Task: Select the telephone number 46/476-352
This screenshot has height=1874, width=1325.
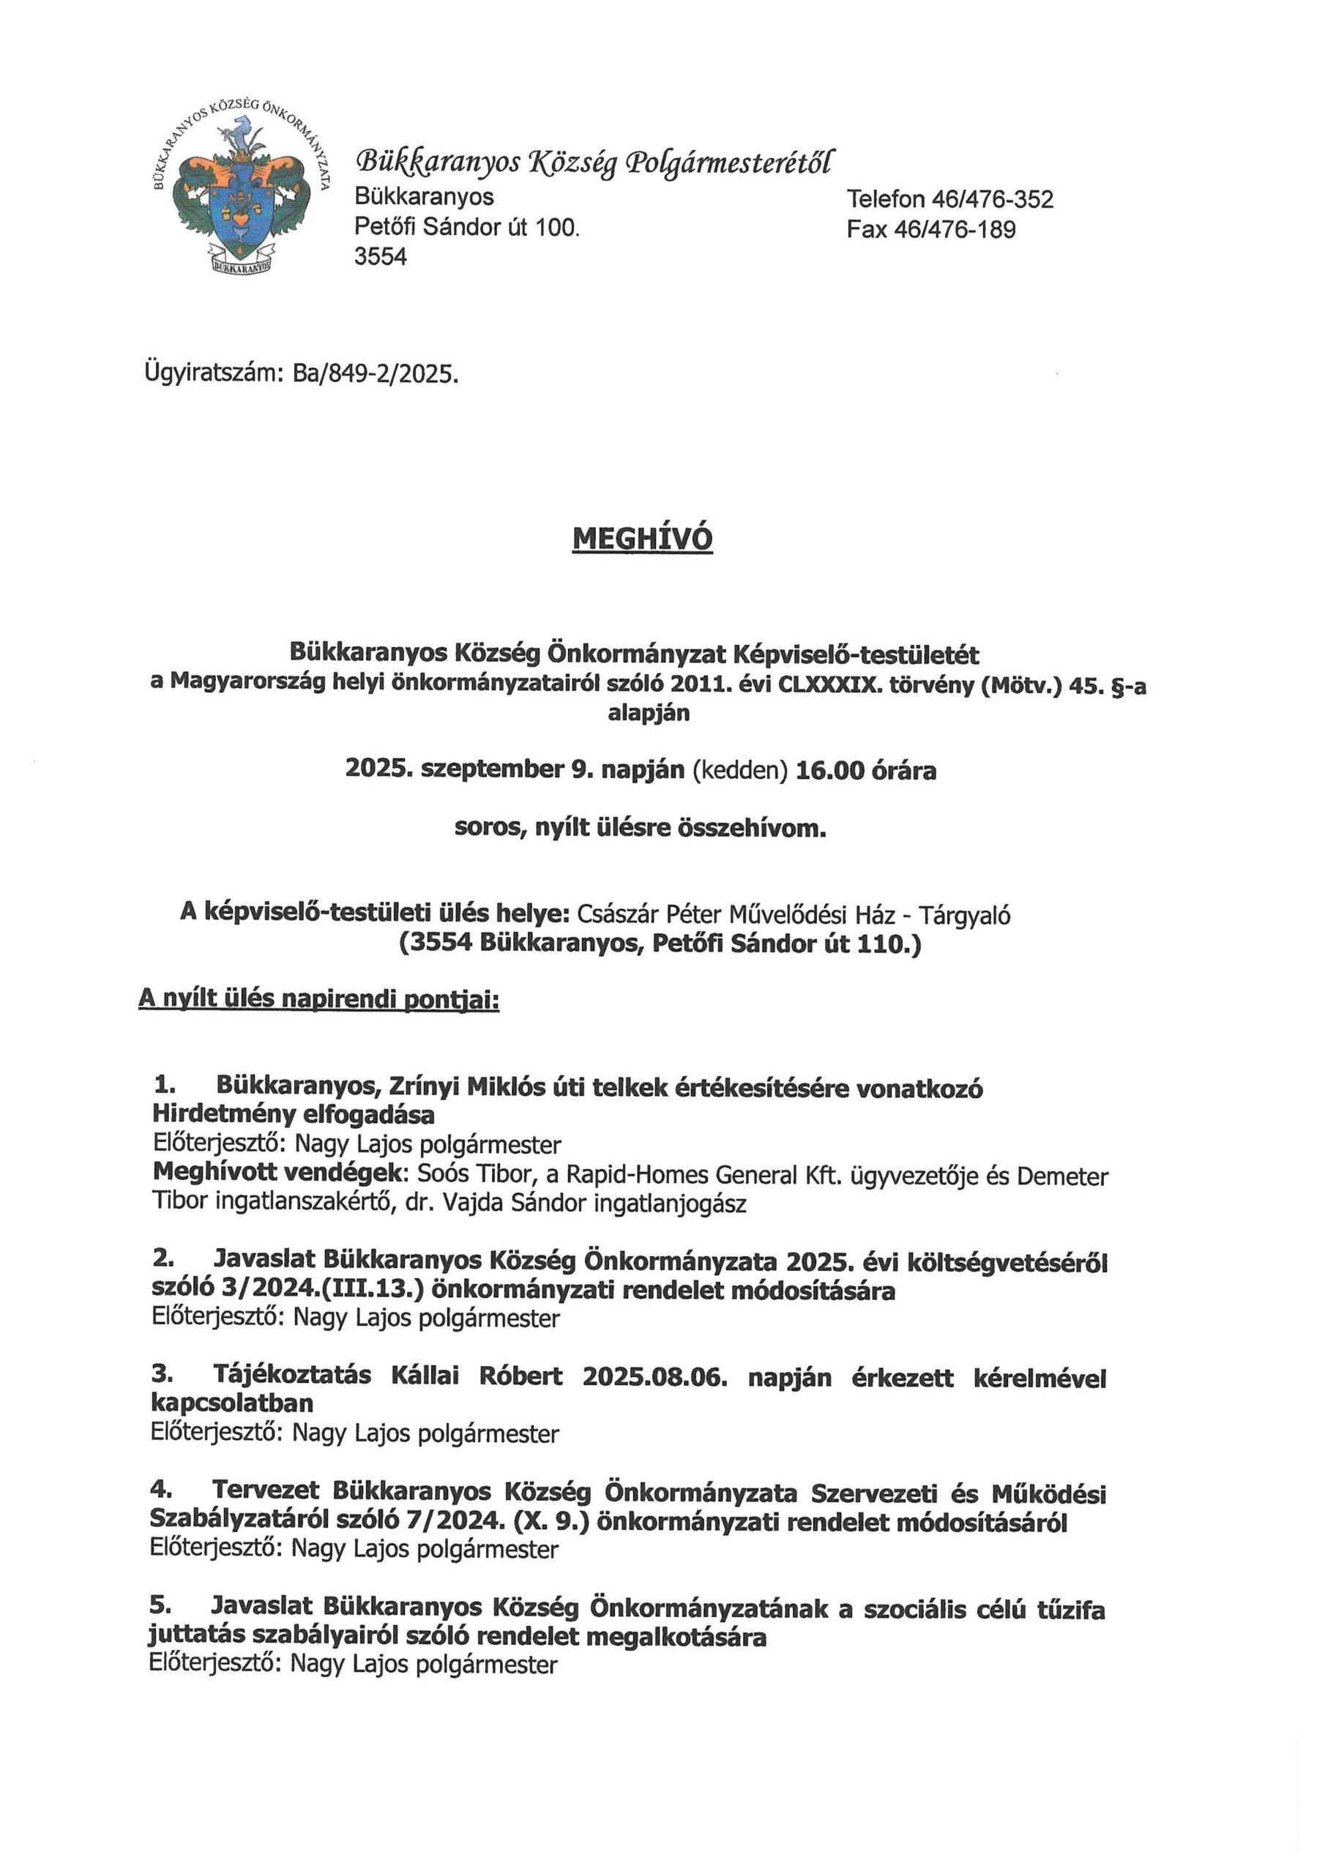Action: (x=992, y=199)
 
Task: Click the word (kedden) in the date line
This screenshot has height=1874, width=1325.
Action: (x=739, y=771)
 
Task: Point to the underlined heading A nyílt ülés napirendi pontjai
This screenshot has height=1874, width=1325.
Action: (x=318, y=999)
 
